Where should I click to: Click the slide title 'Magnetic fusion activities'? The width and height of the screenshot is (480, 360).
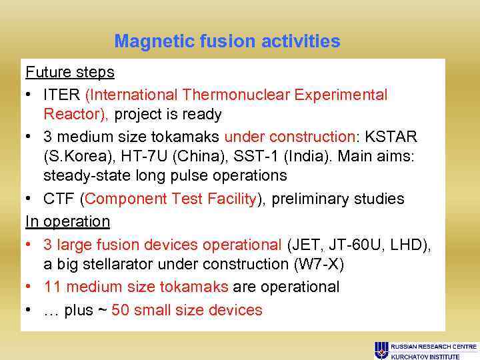click(x=227, y=41)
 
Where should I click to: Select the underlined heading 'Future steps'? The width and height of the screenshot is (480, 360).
click(x=69, y=71)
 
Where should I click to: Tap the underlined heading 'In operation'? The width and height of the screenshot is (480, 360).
click(x=67, y=221)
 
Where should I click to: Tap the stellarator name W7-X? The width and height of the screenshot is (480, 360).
click(x=318, y=264)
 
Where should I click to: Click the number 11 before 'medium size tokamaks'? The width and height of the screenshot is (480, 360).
click(x=53, y=287)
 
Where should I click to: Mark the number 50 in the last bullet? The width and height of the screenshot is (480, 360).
click(x=121, y=311)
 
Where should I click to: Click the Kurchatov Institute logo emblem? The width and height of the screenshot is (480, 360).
click(x=381, y=350)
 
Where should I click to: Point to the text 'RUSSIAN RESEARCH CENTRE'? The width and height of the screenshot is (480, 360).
click(x=433, y=347)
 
